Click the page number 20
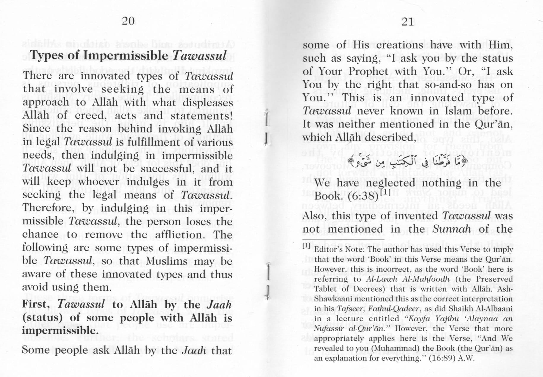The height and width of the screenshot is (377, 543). point(128,21)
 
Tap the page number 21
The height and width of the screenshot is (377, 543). point(408,22)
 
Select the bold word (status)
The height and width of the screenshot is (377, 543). point(42,317)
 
